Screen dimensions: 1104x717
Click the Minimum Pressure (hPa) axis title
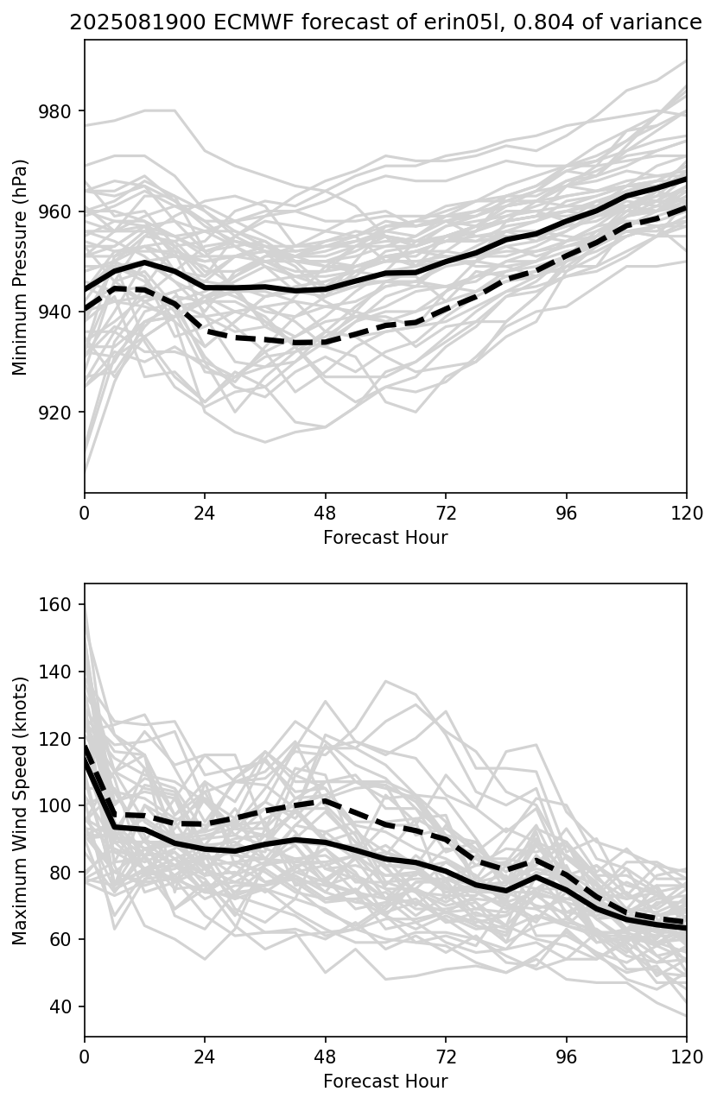(x=21, y=267)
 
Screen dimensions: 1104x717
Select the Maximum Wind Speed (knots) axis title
(x=21, y=810)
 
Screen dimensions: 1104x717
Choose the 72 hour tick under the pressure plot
(x=446, y=513)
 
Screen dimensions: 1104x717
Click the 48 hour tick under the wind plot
(x=326, y=1057)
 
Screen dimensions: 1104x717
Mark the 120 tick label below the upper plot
(x=687, y=513)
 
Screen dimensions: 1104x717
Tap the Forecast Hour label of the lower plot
(x=385, y=1082)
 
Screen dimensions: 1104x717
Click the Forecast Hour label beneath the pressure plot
(x=385, y=538)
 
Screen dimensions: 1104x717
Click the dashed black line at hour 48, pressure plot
(x=326, y=343)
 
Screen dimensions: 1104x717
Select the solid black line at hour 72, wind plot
(x=446, y=871)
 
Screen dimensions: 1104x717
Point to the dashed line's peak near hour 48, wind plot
(x=326, y=800)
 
